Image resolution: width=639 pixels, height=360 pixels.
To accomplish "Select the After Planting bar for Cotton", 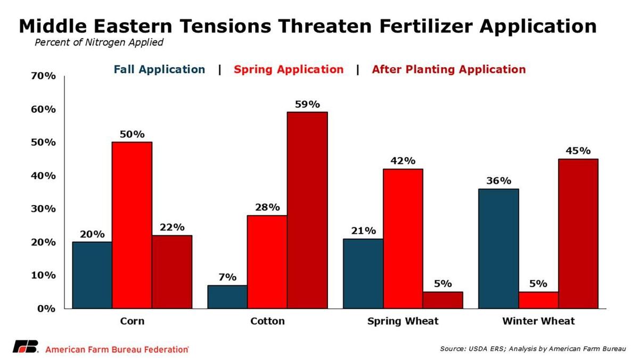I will click(x=307, y=210).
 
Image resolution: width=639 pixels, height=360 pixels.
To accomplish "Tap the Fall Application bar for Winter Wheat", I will click(x=498, y=248).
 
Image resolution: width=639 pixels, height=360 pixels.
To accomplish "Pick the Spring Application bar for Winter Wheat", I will click(x=538, y=299).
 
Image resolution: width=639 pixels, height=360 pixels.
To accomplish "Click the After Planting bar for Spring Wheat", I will click(x=443, y=300).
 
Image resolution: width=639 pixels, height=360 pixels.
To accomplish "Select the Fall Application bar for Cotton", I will click(x=227, y=297).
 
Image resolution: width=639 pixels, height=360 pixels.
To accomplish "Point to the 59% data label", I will click(x=307, y=103).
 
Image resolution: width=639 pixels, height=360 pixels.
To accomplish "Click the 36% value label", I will click(x=498, y=181).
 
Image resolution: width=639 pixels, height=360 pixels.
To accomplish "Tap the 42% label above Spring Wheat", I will click(x=403, y=160).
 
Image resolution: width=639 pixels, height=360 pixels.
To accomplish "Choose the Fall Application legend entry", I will click(x=159, y=69).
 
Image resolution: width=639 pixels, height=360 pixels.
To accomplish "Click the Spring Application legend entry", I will click(x=289, y=69).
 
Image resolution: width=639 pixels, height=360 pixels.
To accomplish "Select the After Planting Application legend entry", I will click(x=448, y=69).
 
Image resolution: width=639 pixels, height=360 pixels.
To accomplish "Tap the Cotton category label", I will click(x=267, y=321).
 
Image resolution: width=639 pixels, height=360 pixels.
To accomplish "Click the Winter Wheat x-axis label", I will click(x=538, y=321).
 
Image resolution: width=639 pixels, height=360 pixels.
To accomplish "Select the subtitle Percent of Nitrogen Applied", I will click(x=99, y=43).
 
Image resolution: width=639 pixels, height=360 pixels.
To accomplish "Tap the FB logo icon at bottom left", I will click(x=26, y=347).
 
